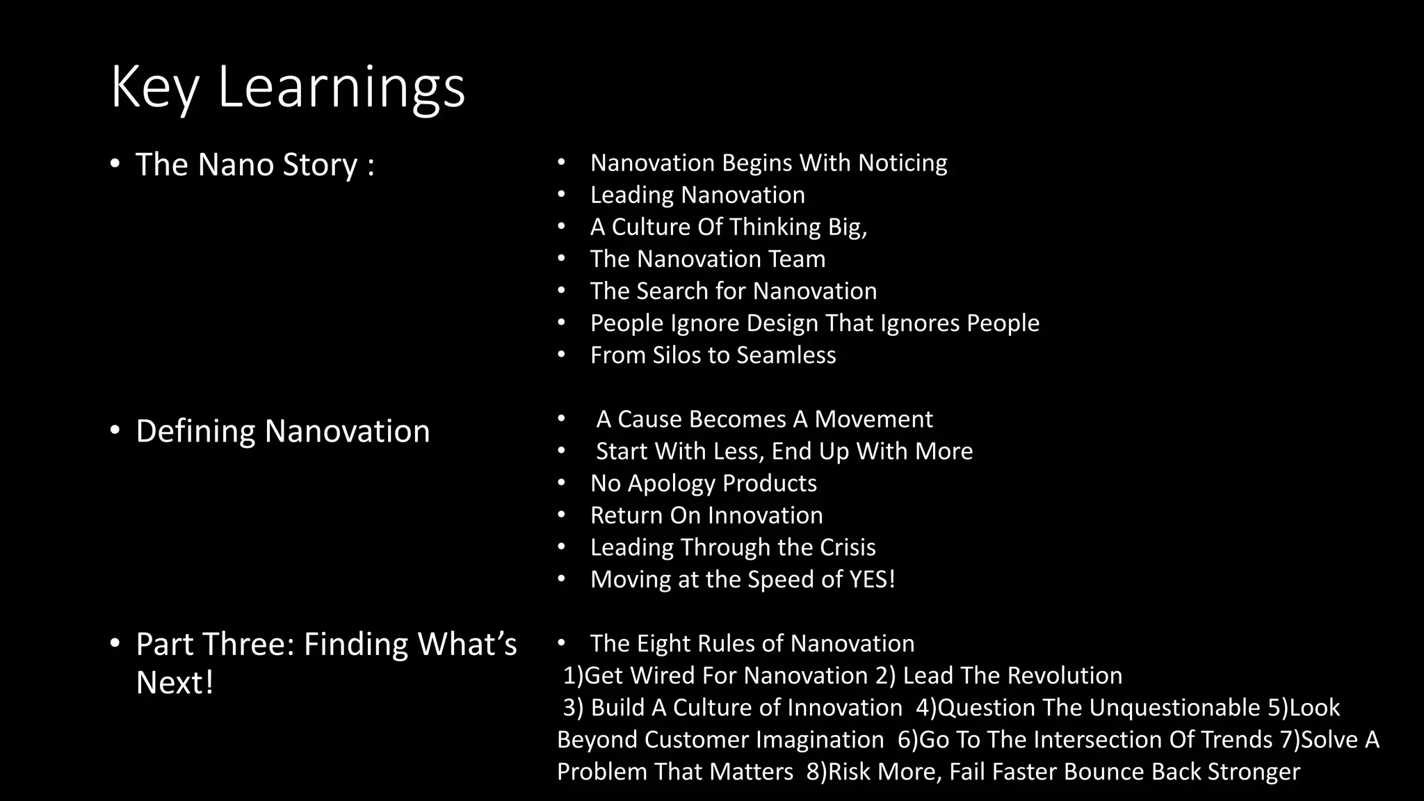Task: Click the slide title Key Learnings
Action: pos(287,87)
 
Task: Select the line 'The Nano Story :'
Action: pos(254,165)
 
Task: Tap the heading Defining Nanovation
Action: pos(282,431)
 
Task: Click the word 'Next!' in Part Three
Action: pos(175,683)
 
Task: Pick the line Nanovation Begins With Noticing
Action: pos(768,163)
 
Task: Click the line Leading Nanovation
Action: pos(697,195)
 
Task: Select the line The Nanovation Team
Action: pos(707,259)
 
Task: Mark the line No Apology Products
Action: pos(703,483)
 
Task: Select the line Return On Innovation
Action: pos(706,515)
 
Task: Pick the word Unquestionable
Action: pos(1174,708)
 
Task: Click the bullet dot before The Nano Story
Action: pos(115,165)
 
